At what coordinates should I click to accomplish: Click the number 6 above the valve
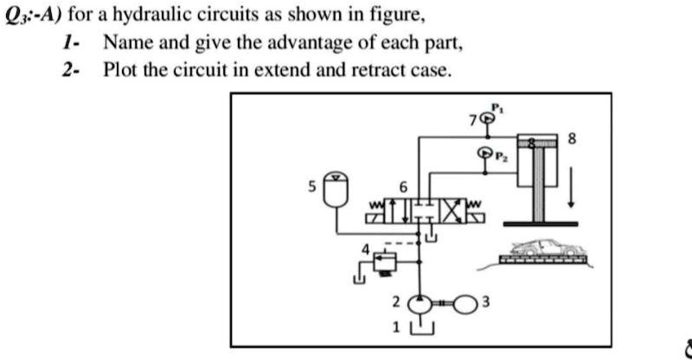click(400, 188)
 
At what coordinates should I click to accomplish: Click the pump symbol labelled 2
click(421, 304)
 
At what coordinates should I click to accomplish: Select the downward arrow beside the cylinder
click(571, 191)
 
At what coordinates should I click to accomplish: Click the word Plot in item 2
click(120, 71)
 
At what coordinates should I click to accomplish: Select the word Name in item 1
click(125, 43)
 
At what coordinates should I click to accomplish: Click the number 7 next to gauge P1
click(471, 120)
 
